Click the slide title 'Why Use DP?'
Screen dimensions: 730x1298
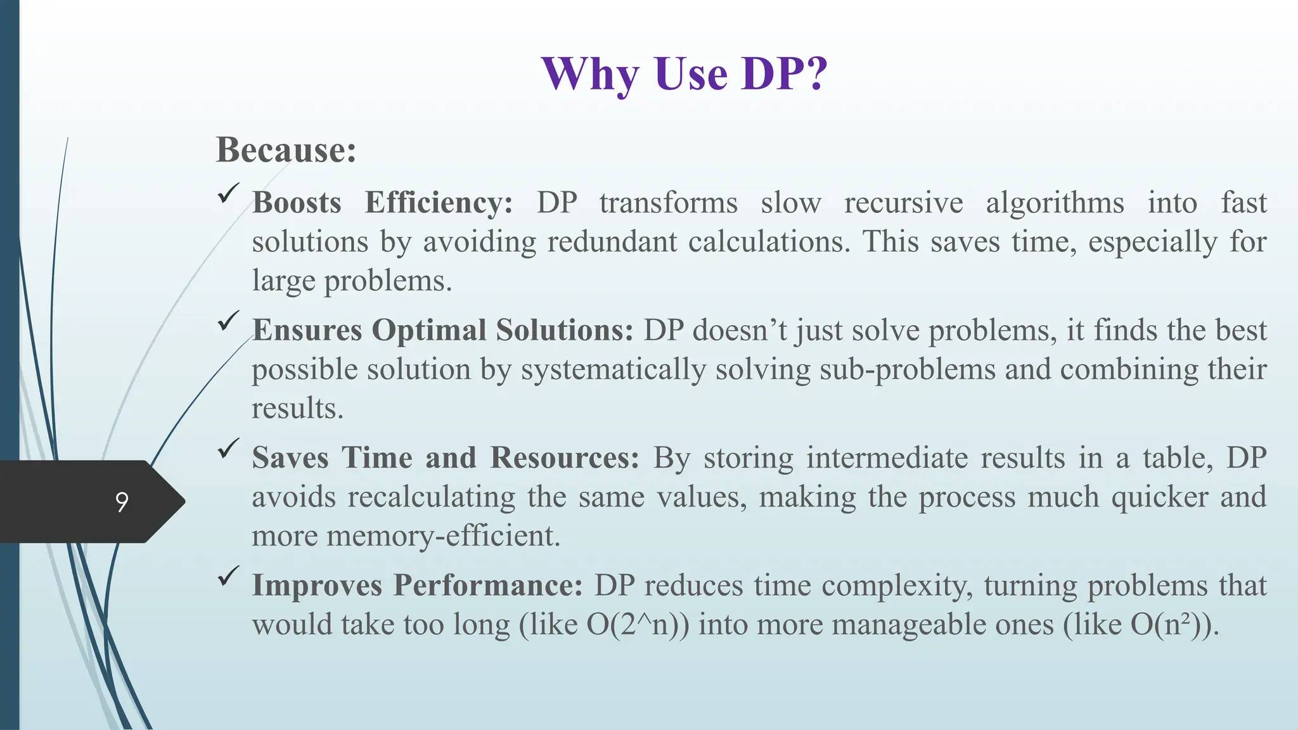684,75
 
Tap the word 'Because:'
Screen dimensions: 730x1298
286,150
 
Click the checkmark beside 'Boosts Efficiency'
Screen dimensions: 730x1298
228,193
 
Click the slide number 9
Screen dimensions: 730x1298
122,502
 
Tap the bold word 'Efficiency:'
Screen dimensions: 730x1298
439,203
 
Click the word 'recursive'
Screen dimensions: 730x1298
903,203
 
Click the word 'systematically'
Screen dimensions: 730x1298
613,369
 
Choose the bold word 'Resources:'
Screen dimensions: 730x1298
565,458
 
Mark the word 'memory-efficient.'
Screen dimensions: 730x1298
443,536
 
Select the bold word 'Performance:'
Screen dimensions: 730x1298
487,586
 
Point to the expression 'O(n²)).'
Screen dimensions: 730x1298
1174,625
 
